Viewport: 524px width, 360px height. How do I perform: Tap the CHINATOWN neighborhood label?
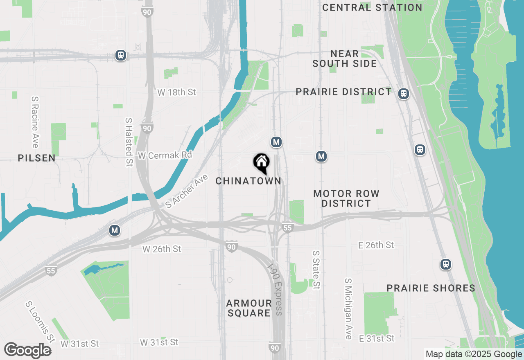click(248, 181)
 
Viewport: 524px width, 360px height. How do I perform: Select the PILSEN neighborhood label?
click(36, 158)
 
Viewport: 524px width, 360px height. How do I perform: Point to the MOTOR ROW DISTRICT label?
click(346, 198)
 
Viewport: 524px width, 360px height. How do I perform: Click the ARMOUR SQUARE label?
click(249, 308)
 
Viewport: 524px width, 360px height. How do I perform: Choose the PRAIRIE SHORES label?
click(431, 288)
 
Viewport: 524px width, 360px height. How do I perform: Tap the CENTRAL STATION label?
click(372, 7)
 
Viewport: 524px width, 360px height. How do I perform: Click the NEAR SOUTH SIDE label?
click(345, 59)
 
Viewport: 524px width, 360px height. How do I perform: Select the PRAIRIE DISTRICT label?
click(344, 92)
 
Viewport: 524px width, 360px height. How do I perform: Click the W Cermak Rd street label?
click(165, 155)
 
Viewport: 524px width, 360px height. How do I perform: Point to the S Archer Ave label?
click(184, 191)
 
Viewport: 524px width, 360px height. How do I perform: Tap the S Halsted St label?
click(129, 142)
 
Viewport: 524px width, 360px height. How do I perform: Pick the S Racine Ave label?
click(35, 122)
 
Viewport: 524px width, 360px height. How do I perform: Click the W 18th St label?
click(176, 92)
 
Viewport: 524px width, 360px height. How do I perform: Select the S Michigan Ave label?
click(348, 309)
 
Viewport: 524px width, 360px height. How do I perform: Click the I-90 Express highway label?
click(275, 289)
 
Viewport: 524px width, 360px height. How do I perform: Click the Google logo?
click(27, 350)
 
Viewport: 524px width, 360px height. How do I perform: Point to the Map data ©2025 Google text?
click(474, 354)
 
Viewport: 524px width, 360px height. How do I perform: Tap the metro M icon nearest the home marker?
click(276, 142)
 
